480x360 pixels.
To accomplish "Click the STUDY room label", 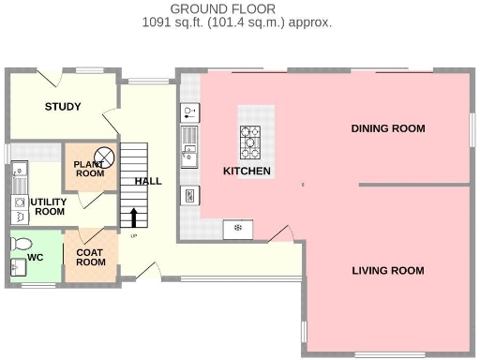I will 63,106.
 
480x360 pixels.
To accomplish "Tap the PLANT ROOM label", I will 89,168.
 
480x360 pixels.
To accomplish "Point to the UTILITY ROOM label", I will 49,206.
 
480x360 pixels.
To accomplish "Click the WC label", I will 35,256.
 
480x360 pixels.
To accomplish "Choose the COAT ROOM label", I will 90,256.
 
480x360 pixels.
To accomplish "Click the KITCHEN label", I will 247,171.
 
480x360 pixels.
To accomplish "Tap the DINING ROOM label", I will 387,128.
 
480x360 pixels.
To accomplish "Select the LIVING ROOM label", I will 387,270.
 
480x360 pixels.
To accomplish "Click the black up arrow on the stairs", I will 133,217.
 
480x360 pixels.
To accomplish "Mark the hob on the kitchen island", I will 251,142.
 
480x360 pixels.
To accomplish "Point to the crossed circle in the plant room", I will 106,157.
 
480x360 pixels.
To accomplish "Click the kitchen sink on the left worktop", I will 189,145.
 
